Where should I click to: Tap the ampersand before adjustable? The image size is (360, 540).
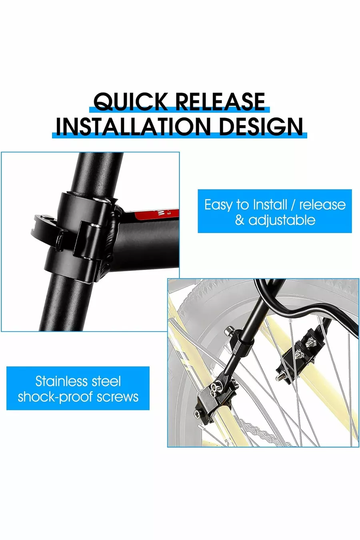pos(240,220)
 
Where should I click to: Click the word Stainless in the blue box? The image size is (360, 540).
pos(61,381)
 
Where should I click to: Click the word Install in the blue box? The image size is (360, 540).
pos(270,205)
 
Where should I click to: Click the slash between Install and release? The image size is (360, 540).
pos(293,205)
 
